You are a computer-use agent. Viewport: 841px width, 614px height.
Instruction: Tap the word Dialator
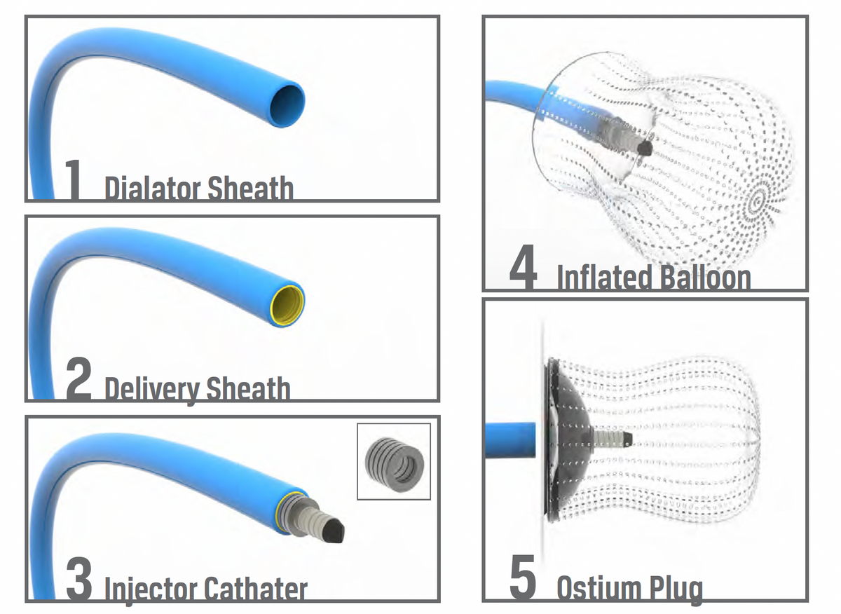pyautogui.click(x=153, y=188)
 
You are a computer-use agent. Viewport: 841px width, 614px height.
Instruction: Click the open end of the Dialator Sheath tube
pyautogui.click(x=287, y=104)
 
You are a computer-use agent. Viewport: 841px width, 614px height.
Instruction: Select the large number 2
pyautogui.click(x=78, y=378)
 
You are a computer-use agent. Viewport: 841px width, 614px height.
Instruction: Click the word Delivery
pyautogui.click(x=152, y=390)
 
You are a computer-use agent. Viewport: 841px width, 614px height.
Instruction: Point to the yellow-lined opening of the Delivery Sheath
pyautogui.click(x=287, y=304)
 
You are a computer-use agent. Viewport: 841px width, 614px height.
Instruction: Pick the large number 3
pyautogui.click(x=78, y=578)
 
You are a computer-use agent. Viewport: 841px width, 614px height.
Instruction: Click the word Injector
pyautogui.click(x=151, y=589)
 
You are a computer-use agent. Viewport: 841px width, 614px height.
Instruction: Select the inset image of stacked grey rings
pyautogui.click(x=394, y=461)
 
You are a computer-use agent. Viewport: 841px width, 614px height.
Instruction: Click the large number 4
pyautogui.click(x=524, y=267)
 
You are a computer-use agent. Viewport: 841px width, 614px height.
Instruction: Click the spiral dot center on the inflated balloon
pyautogui.click(x=758, y=202)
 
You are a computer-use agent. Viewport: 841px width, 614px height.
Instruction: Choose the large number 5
pyautogui.click(x=523, y=578)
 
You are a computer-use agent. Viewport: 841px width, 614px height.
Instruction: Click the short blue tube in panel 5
pyautogui.click(x=510, y=440)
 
